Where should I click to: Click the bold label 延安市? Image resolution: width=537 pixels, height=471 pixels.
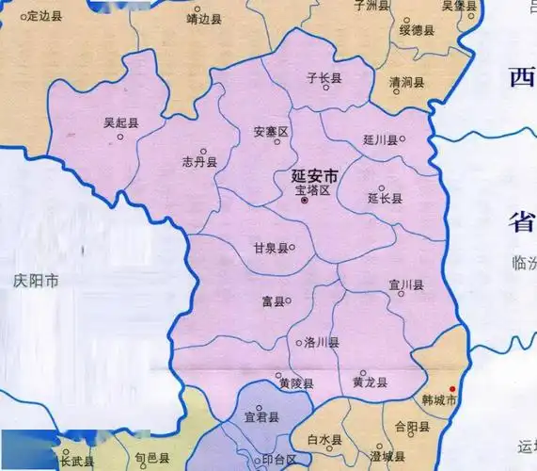(315, 175)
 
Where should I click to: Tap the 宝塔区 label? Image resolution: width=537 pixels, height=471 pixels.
(313, 189)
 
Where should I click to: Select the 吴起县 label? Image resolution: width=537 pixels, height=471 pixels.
(120, 122)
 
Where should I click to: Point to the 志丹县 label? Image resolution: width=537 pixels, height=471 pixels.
(199, 162)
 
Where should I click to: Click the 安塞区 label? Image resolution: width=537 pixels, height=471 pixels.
(271, 131)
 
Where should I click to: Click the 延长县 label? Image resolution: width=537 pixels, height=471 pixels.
(384, 199)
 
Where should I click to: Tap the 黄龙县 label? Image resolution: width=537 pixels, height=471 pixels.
(369, 382)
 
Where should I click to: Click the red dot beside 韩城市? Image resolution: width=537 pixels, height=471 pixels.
(451, 390)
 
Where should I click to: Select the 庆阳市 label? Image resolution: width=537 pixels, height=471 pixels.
(37, 280)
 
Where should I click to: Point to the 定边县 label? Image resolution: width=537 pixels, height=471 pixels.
(43, 15)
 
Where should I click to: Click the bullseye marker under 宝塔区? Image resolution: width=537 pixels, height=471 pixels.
(304, 200)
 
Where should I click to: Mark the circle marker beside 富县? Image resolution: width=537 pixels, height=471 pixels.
(288, 301)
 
